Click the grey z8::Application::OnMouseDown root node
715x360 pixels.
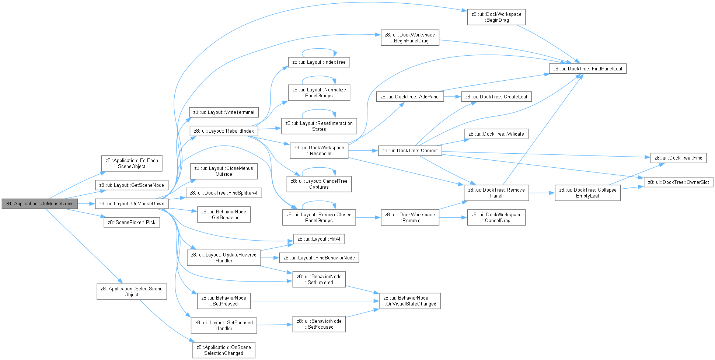(x=40, y=204)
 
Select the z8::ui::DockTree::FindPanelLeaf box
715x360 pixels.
(x=587, y=69)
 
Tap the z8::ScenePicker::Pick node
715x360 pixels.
(x=132, y=223)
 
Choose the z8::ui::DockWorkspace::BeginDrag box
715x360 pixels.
(x=496, y=17)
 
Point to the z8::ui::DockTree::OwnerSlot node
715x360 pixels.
(x=678, y=182)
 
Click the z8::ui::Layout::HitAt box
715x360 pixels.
(x=319, y=239)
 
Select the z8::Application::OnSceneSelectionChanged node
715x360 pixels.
(x=224, y=350)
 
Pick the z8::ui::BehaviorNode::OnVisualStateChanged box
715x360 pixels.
(x=410, y=301)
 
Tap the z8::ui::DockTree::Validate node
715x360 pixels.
(x=496, y=134)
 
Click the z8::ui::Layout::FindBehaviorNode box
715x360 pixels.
(x=319, y=258)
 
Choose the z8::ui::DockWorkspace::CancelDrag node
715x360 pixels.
(x=496, y=217)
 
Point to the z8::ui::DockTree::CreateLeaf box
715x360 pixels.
(x=496, y=97)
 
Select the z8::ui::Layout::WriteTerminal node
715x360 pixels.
(x=224, y=112)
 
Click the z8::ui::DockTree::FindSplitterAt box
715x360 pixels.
(x=224, y=193)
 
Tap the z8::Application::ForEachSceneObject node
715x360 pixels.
(x=132, y=163)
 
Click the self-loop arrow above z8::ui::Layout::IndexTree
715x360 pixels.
(x=319, y=49)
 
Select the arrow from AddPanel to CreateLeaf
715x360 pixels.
(x=453, y=97)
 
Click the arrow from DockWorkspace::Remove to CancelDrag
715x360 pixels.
(x=453, y=217)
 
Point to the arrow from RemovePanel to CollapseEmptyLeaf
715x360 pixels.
(x=542, y=193)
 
